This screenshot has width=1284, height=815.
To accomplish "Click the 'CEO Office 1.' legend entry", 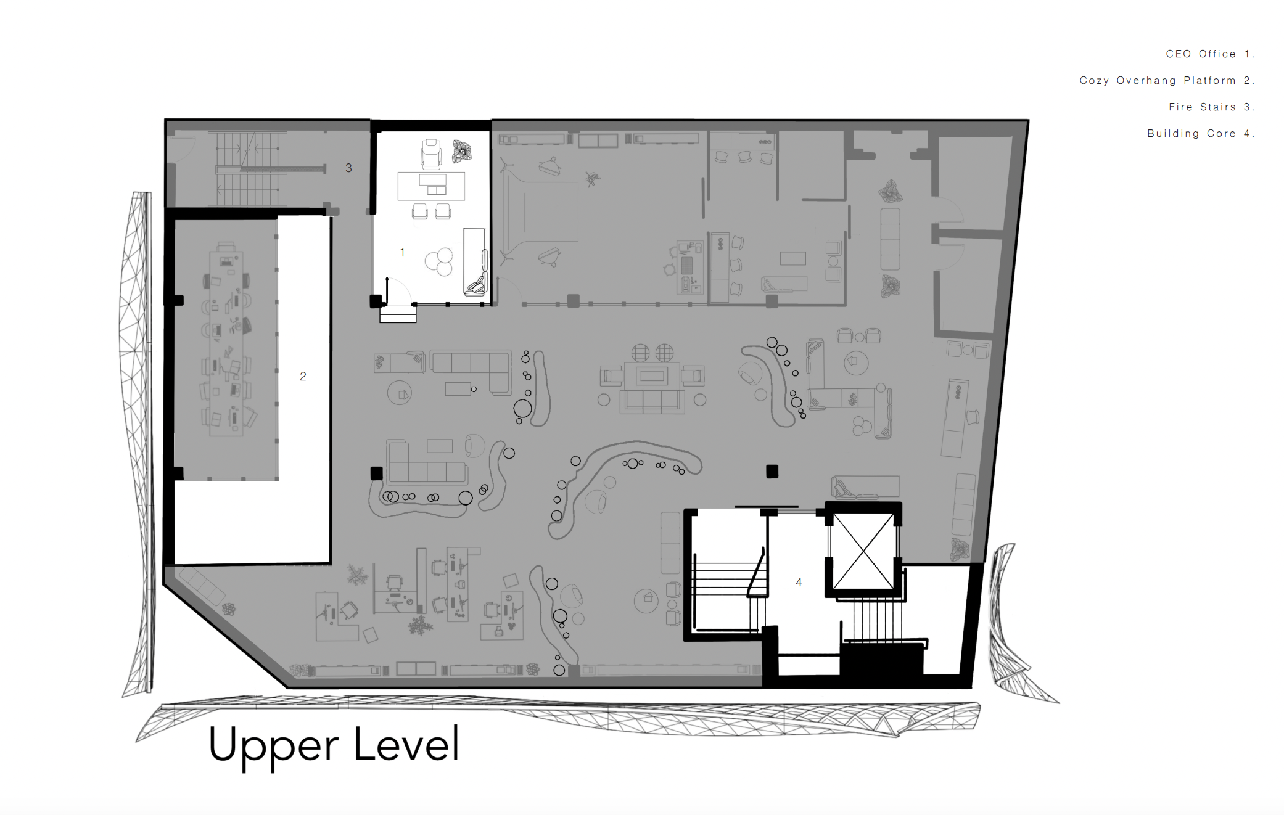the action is (x=1210, y=54).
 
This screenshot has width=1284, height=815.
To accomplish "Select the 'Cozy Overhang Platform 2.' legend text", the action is (x=1167, y=81).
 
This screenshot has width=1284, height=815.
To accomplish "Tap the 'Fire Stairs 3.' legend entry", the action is (x=1211, y=107).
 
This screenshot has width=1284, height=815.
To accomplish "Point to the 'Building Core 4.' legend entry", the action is (x=1201, y=134).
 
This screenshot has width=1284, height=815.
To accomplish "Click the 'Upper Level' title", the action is (x=334, y=746).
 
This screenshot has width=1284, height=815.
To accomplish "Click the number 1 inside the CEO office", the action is (x=402, y=252).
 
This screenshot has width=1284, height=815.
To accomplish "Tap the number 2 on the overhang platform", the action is (x=303, y=376).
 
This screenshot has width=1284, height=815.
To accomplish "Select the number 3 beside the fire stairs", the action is (x=348, y=168).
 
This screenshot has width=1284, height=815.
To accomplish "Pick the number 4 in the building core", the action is (x=799, y=582).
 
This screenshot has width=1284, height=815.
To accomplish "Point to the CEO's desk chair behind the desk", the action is (x=431, y=154).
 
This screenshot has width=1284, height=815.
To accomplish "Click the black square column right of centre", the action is (x=772, y=472).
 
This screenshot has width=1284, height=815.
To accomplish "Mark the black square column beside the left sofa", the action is (x=376, y=473).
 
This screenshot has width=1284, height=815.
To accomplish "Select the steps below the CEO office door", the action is (x=398, y=314).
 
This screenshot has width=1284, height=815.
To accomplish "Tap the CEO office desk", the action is (x=431, y=186).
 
